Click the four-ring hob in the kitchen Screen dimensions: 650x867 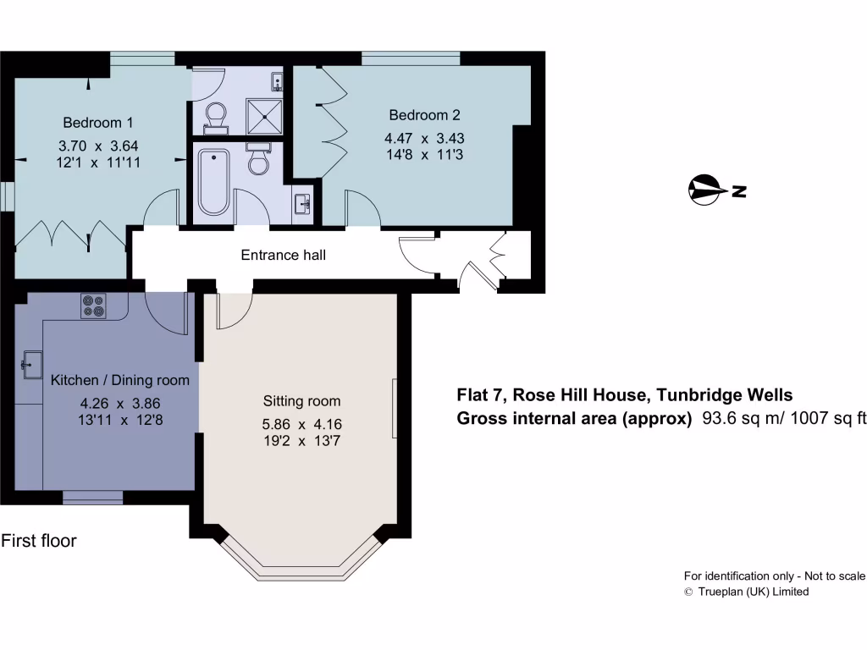pos(93,306)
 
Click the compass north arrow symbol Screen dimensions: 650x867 pos(704,190)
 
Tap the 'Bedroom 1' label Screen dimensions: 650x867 pos(97,122)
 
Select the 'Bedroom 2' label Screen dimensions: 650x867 pos(424,115)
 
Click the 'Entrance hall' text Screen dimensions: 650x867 pos(283,255)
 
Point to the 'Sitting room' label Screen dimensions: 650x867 pos(301,401)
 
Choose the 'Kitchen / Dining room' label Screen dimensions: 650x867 pos(120,380)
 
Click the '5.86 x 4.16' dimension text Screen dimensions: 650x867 pos(301,425)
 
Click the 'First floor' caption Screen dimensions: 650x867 pos(39,540)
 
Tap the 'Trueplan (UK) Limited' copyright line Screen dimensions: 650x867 pos(753,592)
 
